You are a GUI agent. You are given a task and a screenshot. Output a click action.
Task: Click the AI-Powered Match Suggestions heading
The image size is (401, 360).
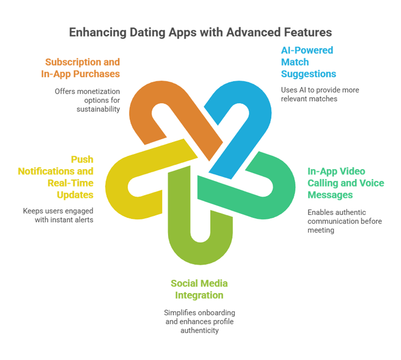(308, 62)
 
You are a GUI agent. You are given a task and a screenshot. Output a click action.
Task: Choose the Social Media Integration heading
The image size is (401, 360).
(199, 290)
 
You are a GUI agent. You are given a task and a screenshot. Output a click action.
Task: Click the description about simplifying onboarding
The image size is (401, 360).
(199, 322)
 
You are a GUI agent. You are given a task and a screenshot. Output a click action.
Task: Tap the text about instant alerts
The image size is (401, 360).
(58, 214)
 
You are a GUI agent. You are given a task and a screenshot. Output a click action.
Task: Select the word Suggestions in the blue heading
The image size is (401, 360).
(308, 74)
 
